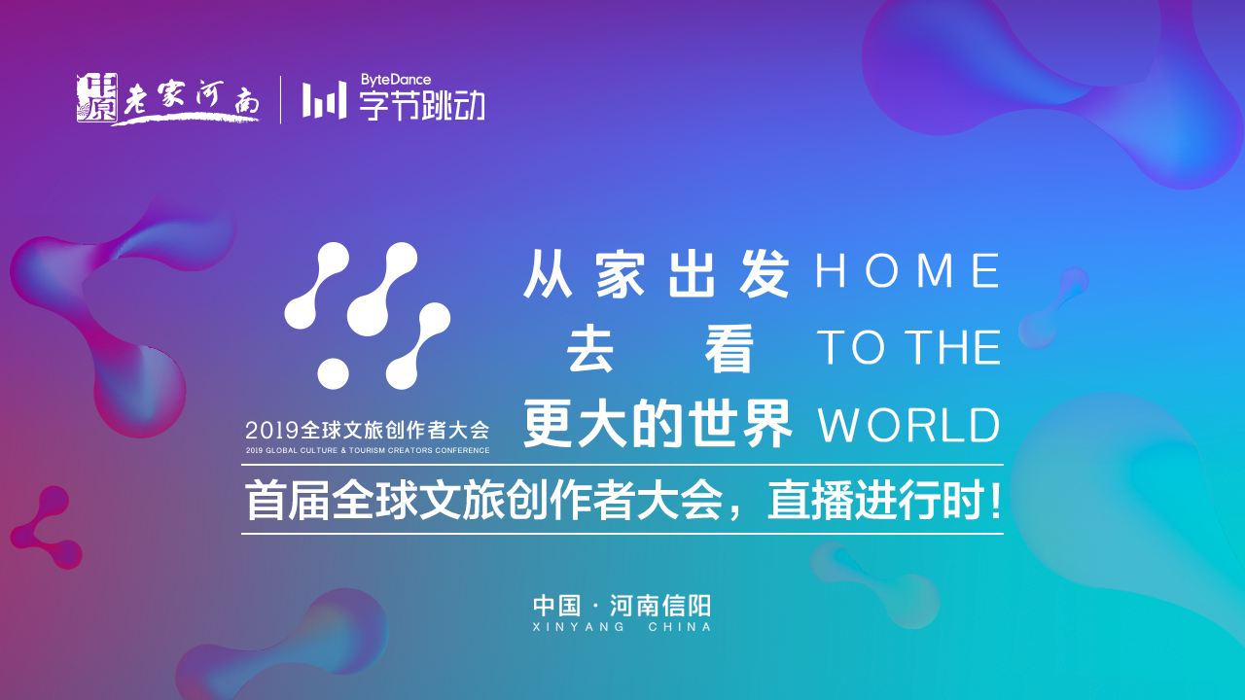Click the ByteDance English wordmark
[395, 80]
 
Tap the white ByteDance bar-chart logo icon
[324, 100]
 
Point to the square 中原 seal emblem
[96, 98]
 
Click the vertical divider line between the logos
[280, 99]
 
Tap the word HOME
[907, 270]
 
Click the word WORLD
[909, 425]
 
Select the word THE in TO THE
[952, 348]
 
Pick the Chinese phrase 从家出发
[657, 273]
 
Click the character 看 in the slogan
[729, 349]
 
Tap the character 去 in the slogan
[589, 349]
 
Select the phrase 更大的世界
[658, 425]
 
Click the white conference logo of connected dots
[368, 316]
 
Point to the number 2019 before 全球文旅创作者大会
[272, 430]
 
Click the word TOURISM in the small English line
[367, 450]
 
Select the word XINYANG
[579, 627]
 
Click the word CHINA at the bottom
[680, 627]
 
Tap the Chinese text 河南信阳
[660, 606]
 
